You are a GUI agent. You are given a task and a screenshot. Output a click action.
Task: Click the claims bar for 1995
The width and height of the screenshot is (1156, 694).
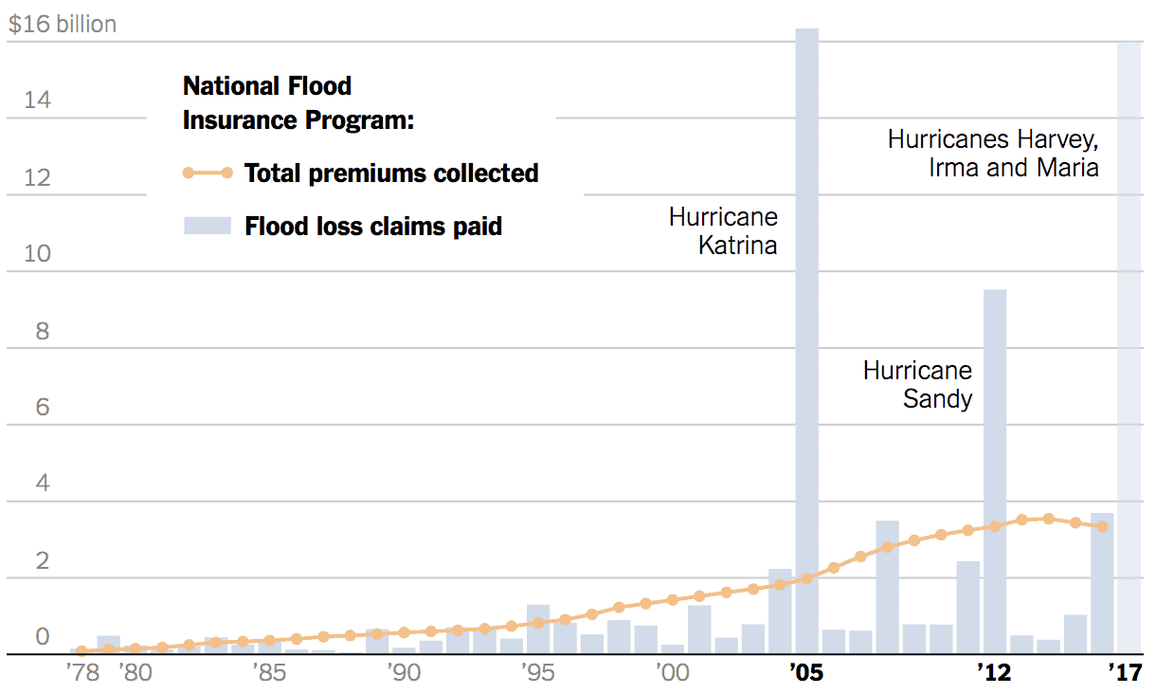click(x=538, y=631)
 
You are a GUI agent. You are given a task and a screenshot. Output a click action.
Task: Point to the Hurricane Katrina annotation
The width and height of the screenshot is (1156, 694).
click(x=723, y=230)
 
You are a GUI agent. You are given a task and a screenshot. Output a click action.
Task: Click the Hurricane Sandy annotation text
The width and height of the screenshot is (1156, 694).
click(x=917, y=384)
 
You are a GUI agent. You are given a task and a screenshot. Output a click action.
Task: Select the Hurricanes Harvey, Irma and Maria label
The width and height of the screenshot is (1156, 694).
click(x=993, y=154)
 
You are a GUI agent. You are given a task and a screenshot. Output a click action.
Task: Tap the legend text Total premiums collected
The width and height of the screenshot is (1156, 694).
click(x=391, y=173)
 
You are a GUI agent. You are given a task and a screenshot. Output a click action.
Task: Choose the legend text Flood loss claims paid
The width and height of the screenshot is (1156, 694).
click(x=373, y=227)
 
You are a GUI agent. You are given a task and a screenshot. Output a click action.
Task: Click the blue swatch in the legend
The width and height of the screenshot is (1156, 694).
click(x=208, y=226)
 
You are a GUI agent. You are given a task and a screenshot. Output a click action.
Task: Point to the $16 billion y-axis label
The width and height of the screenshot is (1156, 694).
click(x=63, y=25)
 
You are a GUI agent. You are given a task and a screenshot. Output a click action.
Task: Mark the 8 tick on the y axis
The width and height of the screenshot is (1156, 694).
click(x=43, y=332)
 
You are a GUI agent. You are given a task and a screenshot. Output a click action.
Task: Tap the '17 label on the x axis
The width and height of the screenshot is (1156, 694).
click(x=1127, y=674)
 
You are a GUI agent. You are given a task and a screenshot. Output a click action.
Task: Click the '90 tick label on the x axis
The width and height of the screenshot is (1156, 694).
click(x=403, y=674)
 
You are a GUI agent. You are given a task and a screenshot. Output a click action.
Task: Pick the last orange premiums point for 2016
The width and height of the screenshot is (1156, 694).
click(x=1102, y=526)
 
